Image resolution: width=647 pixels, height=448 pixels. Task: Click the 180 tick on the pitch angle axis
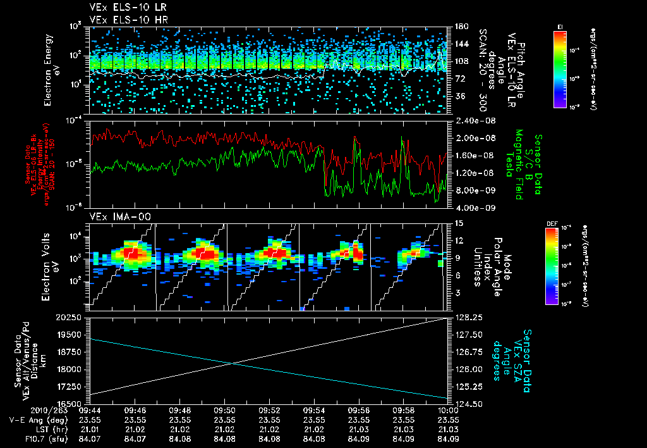pyautogui.click(x=460, y=27)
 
